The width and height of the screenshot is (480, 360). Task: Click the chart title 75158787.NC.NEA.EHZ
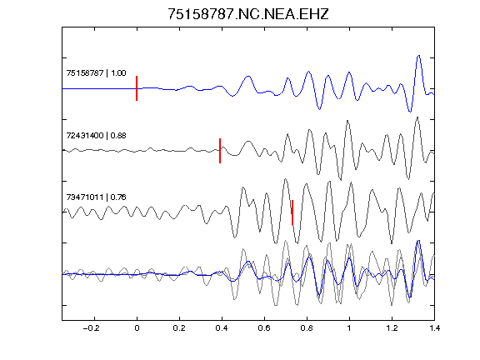point(248,14)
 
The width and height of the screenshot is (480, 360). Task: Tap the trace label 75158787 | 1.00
point(96,73)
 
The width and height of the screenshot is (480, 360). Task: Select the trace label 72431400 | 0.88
point(96,136)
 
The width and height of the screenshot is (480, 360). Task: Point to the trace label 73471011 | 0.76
point(96,197)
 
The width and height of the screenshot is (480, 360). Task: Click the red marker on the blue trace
point(137,88)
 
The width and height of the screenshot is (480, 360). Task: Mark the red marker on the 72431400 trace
point(220,151)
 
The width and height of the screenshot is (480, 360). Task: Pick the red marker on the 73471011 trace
point(292,212)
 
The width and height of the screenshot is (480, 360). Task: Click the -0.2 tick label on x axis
point(91,328)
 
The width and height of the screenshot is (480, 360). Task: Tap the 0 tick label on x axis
point(137,328)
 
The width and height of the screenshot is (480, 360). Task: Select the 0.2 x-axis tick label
point(179,328)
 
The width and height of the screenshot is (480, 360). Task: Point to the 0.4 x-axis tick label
point(222,328)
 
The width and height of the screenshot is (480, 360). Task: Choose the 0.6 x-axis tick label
point(264,328)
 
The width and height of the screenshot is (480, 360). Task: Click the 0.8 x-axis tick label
point(307,328)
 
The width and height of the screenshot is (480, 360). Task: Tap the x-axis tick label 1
point(349,328)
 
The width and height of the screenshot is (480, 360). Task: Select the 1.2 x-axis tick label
point(392,328)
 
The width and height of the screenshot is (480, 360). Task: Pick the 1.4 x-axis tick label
point(434,328)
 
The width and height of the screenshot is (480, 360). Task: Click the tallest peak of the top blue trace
point(419,56)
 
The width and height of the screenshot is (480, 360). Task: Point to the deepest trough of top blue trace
point(410,112)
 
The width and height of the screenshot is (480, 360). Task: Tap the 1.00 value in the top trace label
point(118,73)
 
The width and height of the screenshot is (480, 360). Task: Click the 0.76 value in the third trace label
point(118,197)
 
